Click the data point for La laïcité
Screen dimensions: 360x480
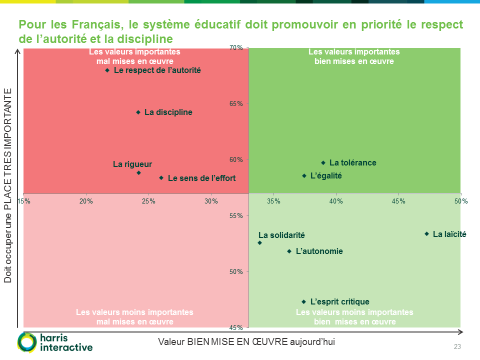tap(427, 234)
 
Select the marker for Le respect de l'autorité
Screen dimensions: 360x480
tap(108, 70)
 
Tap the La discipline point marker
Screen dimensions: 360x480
tap(138, 112)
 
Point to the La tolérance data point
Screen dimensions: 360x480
tap(323, 162)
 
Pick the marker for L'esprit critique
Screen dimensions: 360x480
tap(304, 301)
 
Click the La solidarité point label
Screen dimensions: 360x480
tap(282, 234)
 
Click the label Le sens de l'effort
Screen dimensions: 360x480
tap(201, 178)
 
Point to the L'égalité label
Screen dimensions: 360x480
tap(326, 176)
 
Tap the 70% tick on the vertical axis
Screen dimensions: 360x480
tap(237, 47)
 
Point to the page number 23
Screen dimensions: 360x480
tap(458, 347)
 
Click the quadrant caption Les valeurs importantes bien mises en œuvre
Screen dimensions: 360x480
tap(355, 56)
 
